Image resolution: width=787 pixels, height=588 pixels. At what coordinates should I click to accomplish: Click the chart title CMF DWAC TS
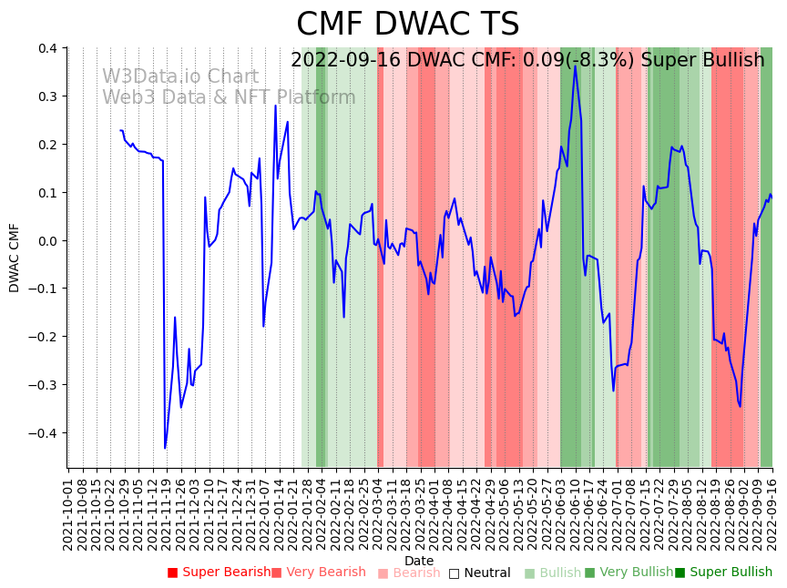tap(407, 25)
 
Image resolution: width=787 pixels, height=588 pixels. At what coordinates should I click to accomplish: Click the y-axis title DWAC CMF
tap(14, 258)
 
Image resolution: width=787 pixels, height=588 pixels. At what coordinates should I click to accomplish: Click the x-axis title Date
tap(419, 561)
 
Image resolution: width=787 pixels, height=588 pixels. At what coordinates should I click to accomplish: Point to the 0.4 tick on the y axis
tap(47, 48)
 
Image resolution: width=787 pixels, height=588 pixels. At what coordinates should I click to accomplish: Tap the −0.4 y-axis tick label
tap(44, 433)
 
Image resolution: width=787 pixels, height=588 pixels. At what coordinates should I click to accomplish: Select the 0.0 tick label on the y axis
tap(47, 241)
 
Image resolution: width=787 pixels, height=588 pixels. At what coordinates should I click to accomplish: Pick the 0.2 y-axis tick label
tap(47, 145)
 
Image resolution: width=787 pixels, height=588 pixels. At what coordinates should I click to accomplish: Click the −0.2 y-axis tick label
tap(44, 337)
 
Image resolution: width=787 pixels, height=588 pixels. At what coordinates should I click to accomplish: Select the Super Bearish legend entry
tap(219, 573)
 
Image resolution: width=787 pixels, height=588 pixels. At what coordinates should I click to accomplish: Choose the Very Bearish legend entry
tap(318, 573)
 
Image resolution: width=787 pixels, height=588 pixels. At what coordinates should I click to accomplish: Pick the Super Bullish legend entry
tap(723, 573)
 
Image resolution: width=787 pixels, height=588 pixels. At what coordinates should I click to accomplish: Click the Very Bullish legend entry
tap(629, 573)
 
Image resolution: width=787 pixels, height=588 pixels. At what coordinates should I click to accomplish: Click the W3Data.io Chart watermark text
tap(179, 77)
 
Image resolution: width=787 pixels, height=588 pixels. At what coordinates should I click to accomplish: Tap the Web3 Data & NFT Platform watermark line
tap(229, 97)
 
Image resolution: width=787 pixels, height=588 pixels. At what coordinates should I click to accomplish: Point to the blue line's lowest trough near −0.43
tap(165, 447)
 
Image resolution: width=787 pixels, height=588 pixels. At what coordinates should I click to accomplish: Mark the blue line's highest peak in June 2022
tap(575, 66)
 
